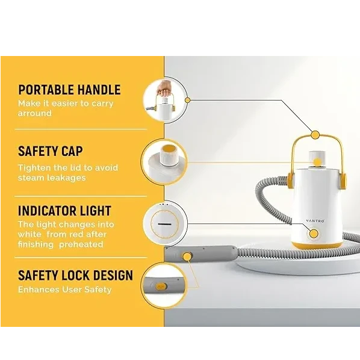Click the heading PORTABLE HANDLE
pos(69,90)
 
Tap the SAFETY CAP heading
pos(51,151)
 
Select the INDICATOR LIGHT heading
pos(64,211)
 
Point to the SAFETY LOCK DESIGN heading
pos(75,275)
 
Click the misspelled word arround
pos(35,113)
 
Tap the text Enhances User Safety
pos(65,290)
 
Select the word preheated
pos(81,244)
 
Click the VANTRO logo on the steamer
pos(315,221)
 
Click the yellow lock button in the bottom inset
pos(161,287)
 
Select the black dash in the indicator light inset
pos(164,224)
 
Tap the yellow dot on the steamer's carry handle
pos(315,135)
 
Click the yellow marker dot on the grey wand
pos(188,256)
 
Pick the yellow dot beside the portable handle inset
pos(188,101)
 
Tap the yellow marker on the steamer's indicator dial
pos(314,234)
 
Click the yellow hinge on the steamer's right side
pos(342,181)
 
